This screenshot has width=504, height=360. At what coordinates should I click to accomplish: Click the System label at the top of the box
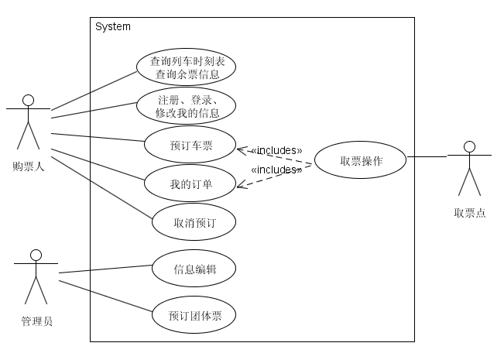(113, 27)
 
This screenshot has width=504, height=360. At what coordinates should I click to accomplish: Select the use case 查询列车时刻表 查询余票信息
(185, 67)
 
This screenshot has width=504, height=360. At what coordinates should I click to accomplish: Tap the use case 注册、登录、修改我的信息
(185, 106)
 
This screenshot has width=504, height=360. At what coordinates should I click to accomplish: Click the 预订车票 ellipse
(190, 145)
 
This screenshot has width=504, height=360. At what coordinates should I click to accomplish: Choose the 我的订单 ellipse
(190, 183)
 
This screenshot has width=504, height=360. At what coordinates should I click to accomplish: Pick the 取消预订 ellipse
(193, 222)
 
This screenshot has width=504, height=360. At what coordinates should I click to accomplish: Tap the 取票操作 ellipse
(361, 161)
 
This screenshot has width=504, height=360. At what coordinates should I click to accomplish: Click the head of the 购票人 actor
(29, 100)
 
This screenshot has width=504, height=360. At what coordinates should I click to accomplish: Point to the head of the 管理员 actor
(35, 255)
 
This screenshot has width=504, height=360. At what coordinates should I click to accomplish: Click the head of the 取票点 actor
(468, 146)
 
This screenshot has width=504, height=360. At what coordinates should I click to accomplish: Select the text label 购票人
(29, 166)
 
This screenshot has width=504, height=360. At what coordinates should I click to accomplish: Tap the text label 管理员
(36, 321)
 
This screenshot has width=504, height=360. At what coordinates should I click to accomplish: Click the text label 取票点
(469, 213)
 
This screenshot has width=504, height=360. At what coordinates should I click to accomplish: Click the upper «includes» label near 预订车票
(276, 150)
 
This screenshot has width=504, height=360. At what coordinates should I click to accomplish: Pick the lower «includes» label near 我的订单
(276, 170)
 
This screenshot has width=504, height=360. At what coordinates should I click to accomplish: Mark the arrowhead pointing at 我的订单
(239, 185)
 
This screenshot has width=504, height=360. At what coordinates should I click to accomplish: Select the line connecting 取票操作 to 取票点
(427, 157)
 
